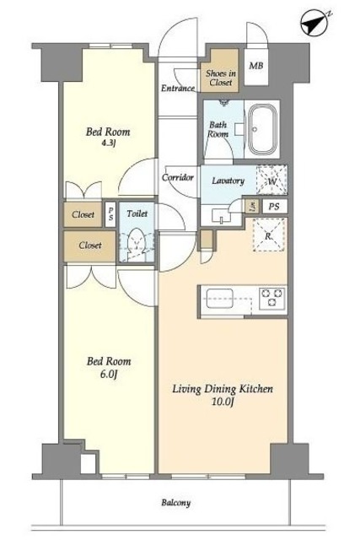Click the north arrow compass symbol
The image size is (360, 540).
314,23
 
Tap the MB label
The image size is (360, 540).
256,66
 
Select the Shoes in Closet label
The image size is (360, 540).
221,78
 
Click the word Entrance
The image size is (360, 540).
178,88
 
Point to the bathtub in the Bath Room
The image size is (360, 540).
263,129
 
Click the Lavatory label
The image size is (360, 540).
228,181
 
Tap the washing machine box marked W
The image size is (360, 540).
271,180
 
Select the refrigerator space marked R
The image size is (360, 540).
268,235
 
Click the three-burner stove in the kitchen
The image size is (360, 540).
272,298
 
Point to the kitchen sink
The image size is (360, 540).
219,298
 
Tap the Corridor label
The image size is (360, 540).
178,178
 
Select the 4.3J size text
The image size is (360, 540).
108,143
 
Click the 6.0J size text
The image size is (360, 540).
109,374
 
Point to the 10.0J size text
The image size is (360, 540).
223,402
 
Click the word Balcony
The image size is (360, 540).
176,503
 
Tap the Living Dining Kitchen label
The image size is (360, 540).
223,389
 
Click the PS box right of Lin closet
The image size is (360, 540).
274,207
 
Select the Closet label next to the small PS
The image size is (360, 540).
83,214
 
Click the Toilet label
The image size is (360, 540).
137,213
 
